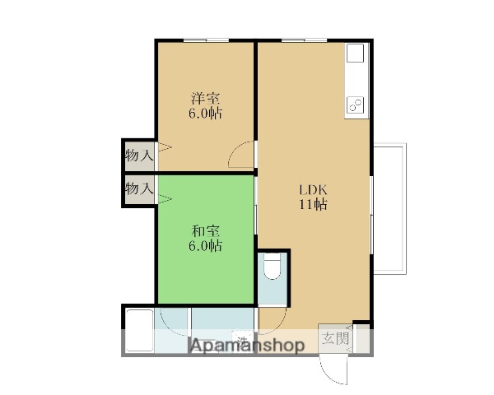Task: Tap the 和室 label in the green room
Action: point(206,231)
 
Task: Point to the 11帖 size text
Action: point(313,205)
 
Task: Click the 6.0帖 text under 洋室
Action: point(206,114)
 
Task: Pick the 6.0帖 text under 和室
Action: point(206,245)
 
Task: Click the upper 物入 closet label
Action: point(139,155)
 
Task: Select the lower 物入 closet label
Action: point(139,188)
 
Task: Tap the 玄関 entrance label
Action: point(335,338)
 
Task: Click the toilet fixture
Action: point(272,269)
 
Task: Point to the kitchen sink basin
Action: point(355,55)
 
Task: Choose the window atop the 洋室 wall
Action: point(206,39)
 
